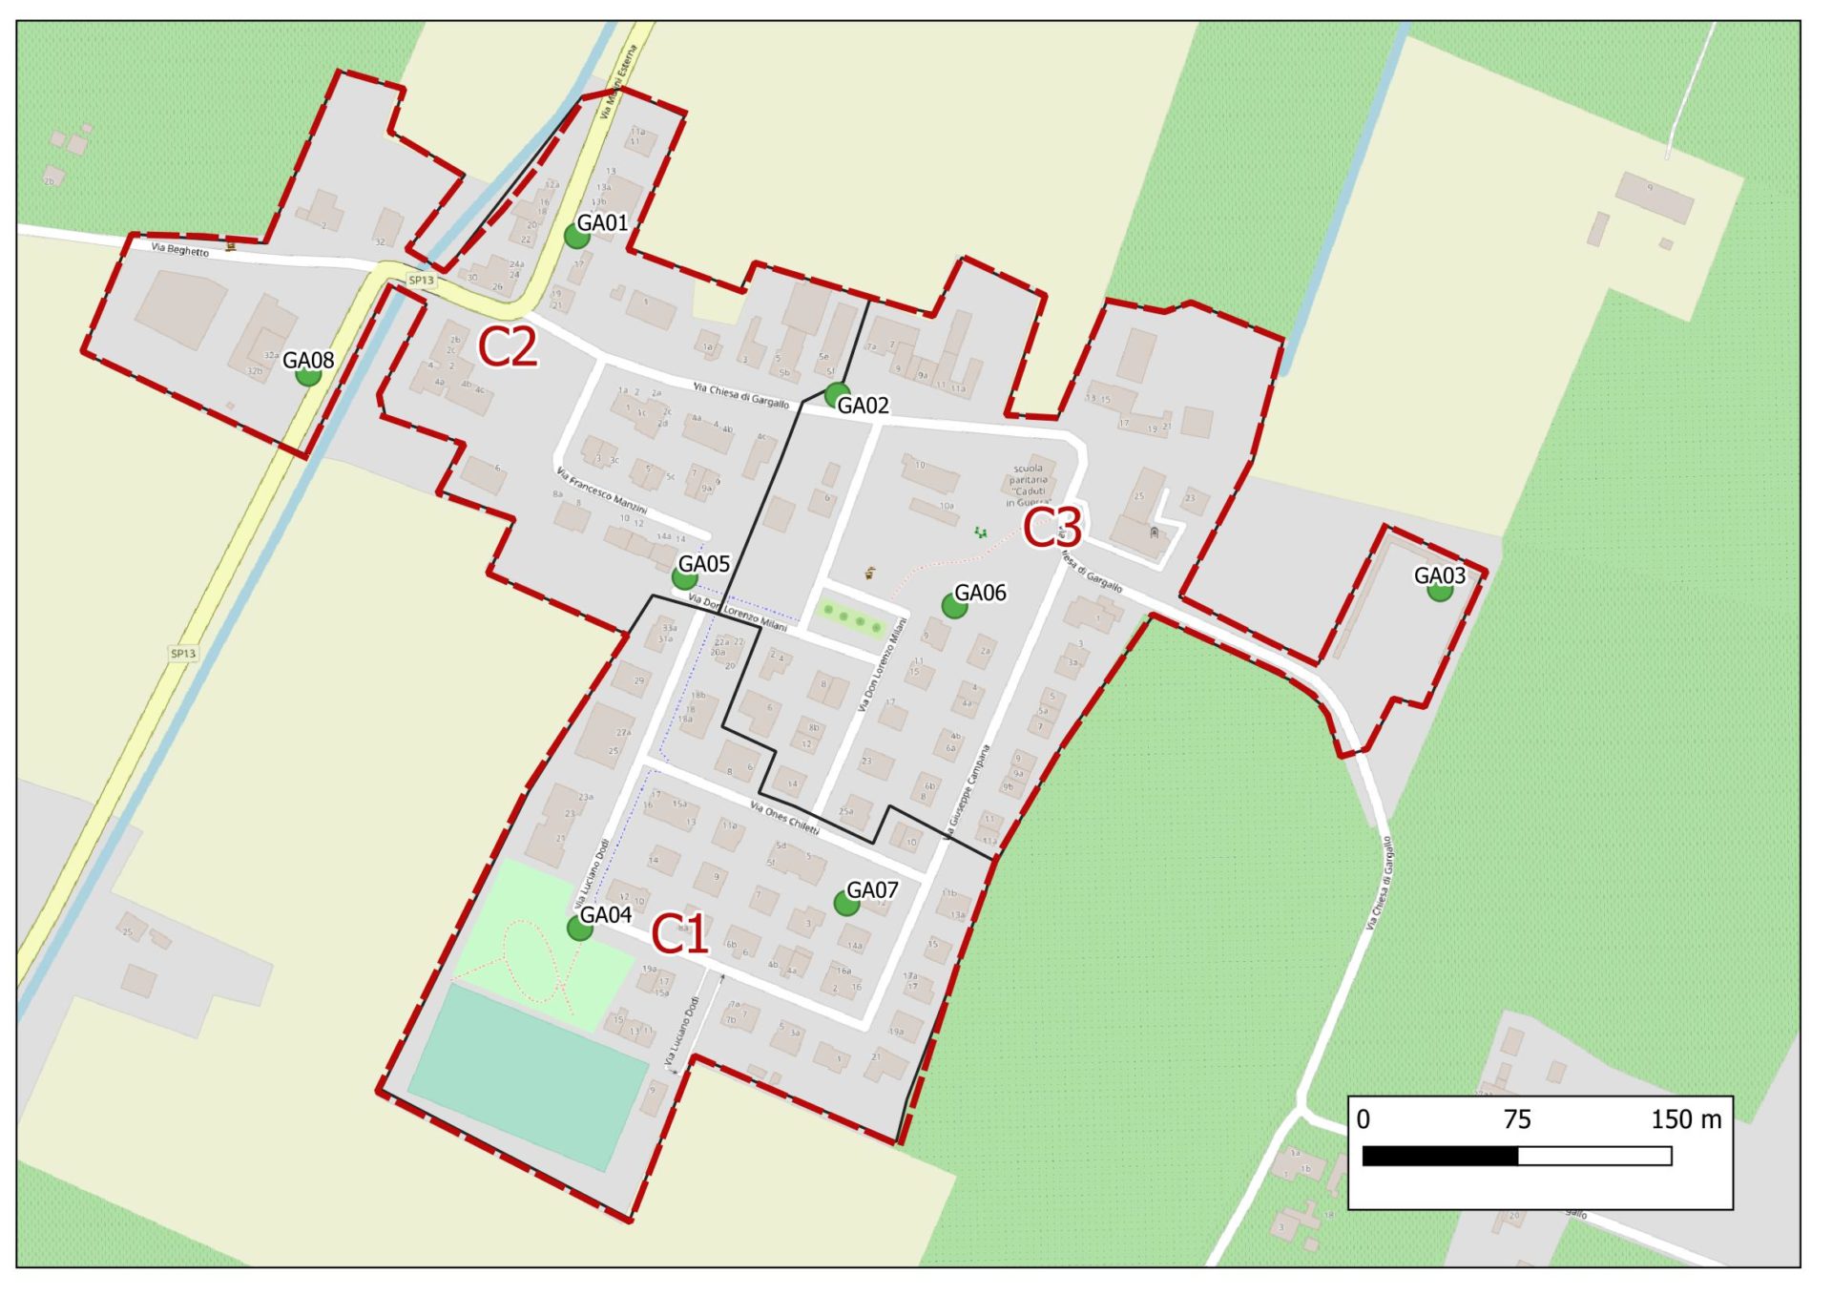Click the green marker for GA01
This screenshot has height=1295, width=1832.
[x=576, y=235]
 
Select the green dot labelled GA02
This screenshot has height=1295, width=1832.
[x=837, y=394]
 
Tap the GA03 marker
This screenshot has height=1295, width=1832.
[x=1440, y=590]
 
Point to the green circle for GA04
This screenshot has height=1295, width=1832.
[x=579, y=928]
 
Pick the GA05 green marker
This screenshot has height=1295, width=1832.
[x=684, y=576]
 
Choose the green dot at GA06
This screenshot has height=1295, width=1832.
[x=953, y=605]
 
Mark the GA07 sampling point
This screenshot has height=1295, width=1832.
[x=846, y=903]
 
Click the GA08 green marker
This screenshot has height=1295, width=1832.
[x=308, y=374]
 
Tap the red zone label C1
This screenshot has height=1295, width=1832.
[x=679, y=934]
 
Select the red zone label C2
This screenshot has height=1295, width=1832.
[x=507, y=347]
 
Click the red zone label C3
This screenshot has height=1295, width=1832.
[x=1052, y=527]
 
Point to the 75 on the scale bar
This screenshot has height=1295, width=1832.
[x=1516, y=1119]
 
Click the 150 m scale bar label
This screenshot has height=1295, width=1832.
[x=1686, y=1119]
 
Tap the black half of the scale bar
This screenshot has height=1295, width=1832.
[x=1440, y=1156]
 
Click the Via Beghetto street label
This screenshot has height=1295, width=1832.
[x=180, y=250]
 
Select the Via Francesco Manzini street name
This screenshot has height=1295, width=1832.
[x=602, y=491]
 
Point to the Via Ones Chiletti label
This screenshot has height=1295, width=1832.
[x=784, y=818]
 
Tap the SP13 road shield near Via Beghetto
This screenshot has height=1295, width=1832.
[x=421, y=281]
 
